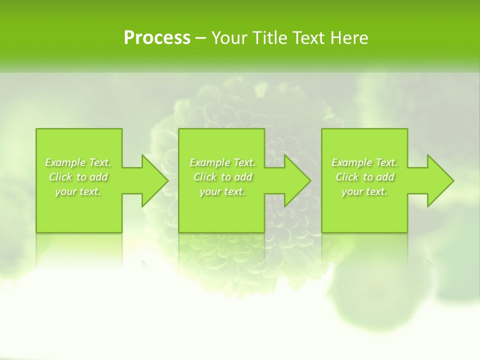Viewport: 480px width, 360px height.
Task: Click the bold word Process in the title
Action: click(x=157, y=38)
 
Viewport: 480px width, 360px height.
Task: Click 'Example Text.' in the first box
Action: click(x=78, y=162)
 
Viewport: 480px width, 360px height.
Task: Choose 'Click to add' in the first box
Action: click(x=78, y=177)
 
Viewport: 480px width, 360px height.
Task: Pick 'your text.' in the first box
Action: click(x=78, y=191)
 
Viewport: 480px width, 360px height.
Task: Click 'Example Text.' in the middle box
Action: click(x=222, y=162)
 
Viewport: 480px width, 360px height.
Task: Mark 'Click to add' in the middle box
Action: click(x=222, y=177)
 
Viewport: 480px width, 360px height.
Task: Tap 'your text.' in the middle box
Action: click(x=222, y=191)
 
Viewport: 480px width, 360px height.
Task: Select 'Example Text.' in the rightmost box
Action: click(x=364, y=162)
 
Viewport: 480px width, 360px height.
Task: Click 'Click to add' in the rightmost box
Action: click(x=364, y=177)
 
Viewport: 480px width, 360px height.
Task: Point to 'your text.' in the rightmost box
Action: click(x=364, y=191)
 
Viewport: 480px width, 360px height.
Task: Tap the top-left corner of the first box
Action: click(x=36, y=129)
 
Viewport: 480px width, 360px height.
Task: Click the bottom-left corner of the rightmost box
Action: click(x=322, y=232)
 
